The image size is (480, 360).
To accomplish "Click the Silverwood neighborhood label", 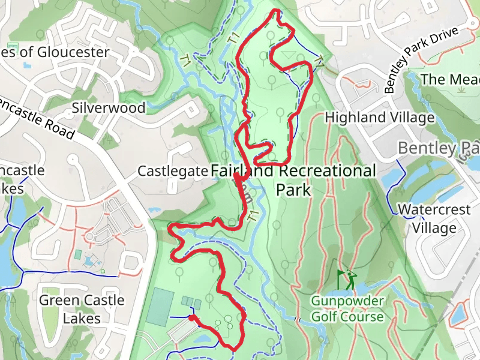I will pyautogui.click(x=109, y=108).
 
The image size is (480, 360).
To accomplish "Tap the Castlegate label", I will pyautogui.click(x=173, y=171).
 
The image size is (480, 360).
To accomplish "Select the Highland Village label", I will pyautogui.click(x=379, y=118).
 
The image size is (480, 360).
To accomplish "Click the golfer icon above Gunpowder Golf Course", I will pyautogui.click(x=346, y=280).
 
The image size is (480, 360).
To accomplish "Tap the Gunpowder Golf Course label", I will pyautogui.click(x=347, y=308).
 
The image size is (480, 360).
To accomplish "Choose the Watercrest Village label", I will pyautogui.click(x=436, y=219).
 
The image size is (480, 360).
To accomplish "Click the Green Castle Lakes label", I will pyautogui.click(x=82, y=308).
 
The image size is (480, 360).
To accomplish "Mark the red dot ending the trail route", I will pyautogui.click(x=191, y=318).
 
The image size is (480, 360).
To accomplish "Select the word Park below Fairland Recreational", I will pyautogui.click(x=293, y=190).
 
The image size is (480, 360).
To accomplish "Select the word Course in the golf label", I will pyautogui.click(x=362, y=316).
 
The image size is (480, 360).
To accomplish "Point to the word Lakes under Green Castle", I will pyautogui.click(x=82, y=318).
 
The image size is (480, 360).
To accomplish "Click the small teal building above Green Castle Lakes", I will pyautogui.click(x=78, y=254).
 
